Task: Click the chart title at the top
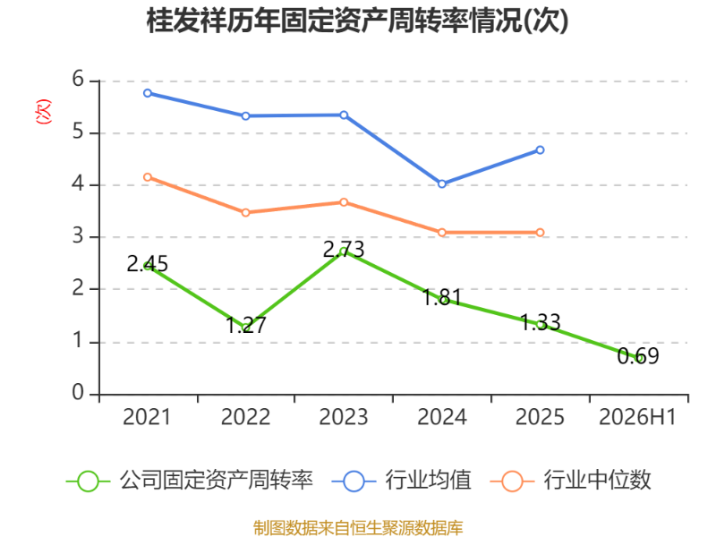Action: click(x=357, y=20)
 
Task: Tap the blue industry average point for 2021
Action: click(x=148, y=93)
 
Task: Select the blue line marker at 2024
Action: click(x=442, y=184)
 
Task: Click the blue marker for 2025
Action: click(x=541, y=150)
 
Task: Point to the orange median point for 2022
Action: click(x=245, y=213)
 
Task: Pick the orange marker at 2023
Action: click(x=344, y=202)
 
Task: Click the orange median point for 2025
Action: click(x=541, y=233)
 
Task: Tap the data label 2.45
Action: click(x=147, y=264)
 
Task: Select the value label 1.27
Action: click(x=246, y=325)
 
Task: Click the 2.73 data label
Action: click(x=344, y=250)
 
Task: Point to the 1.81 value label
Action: click(x=442, y=297)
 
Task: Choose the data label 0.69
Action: click(x=638, y=356)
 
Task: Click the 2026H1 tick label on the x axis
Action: click(x=637, y=417)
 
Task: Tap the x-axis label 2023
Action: click(x=344, y=417)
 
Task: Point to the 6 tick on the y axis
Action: click(x=78, y=80)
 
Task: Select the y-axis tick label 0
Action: click(x=78, y=393)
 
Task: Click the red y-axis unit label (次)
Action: click(x=43, y=111)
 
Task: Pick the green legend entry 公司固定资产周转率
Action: click(x=190, y=481)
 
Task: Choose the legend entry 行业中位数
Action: click(x=570, y=481)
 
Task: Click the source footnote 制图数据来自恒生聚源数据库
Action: click(x=358, y=528)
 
